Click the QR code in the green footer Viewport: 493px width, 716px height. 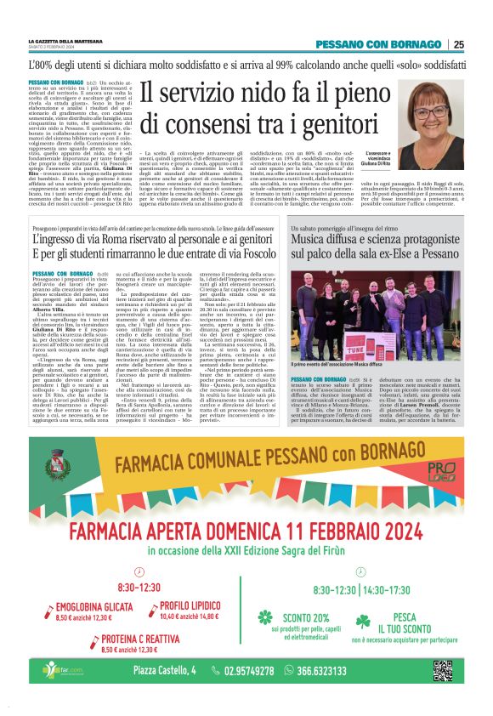(442, 670)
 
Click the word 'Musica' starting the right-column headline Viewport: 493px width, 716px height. (311, 240)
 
